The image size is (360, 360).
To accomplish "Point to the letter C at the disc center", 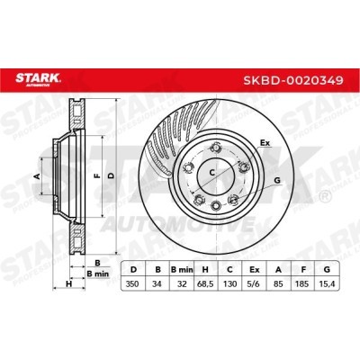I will tap(212, 171).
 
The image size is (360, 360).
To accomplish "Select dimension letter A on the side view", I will tap(38, 176).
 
